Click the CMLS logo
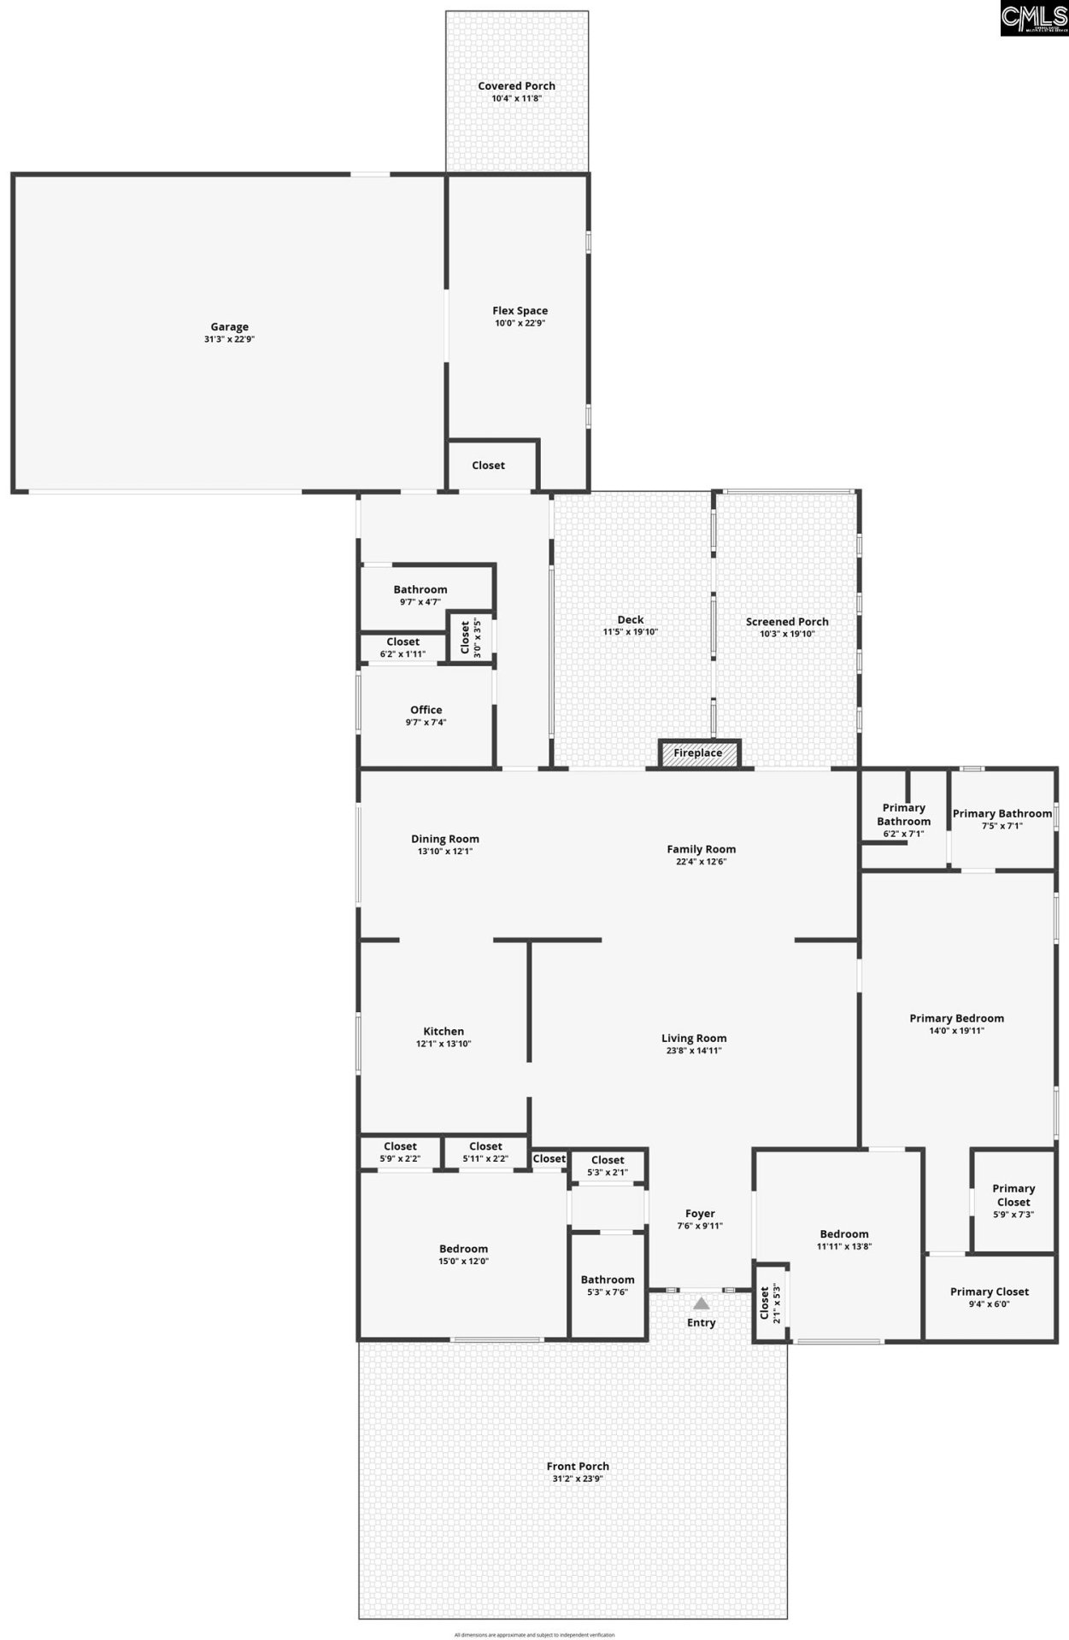coord(1034,18)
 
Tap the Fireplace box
coord(698,753)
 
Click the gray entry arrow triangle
coord(701,1303)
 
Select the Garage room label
coord(229,326)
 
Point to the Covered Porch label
coord(516,86)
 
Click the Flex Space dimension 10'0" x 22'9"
coord(520,324)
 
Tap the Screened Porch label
coord(787,622)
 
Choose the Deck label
coord(631,620)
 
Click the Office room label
coord(426,710)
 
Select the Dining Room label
coord(444,839)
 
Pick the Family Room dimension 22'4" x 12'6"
coord(701,862)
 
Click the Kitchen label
coord(443,1031)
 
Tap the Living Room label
coord(694,1039)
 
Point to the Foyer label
coord(700,1214)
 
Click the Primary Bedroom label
coord(956,1018)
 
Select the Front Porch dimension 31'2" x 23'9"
coord(578,1479)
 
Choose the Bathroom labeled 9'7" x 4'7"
coord(420,595)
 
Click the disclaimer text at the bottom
coord(534,1635)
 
